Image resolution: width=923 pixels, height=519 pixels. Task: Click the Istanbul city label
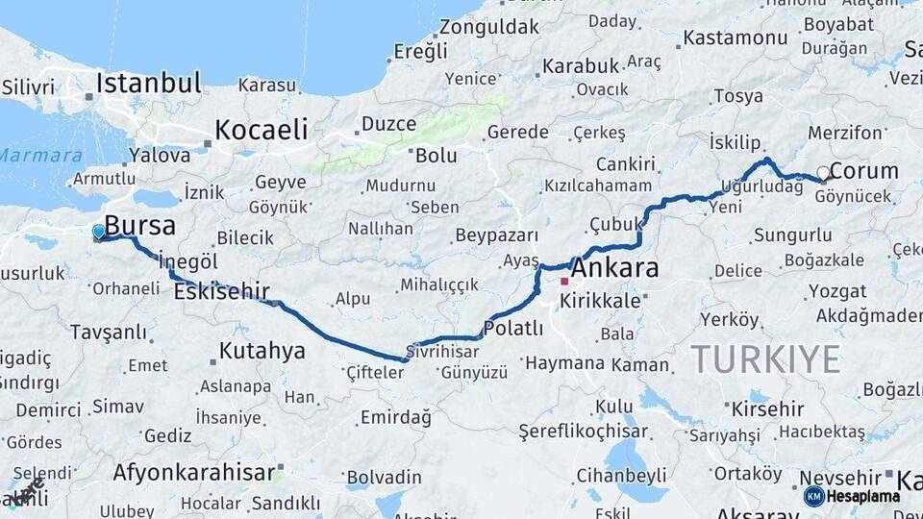tap(148, 83)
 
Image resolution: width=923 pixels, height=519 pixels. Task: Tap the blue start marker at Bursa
tap(98, 232)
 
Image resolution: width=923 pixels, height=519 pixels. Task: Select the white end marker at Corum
tap(823, 173)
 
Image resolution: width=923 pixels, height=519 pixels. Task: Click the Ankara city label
tap(615, 267)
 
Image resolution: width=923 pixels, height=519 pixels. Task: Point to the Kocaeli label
tap(262, 129)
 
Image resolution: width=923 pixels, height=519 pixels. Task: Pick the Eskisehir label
tap(221, 291)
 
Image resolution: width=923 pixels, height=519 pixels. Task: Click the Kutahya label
tap(262, 351)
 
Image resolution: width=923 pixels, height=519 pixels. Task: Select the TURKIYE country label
tap(765, 358)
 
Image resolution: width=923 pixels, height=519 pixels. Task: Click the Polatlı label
tap(513, 329)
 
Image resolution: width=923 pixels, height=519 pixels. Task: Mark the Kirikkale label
tap(600, 301)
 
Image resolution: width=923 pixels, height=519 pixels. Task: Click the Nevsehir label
tap(838, 478)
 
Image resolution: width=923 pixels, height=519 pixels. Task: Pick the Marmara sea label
tap(40, 155)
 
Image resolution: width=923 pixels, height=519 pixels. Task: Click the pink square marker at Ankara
tap(564, 282)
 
